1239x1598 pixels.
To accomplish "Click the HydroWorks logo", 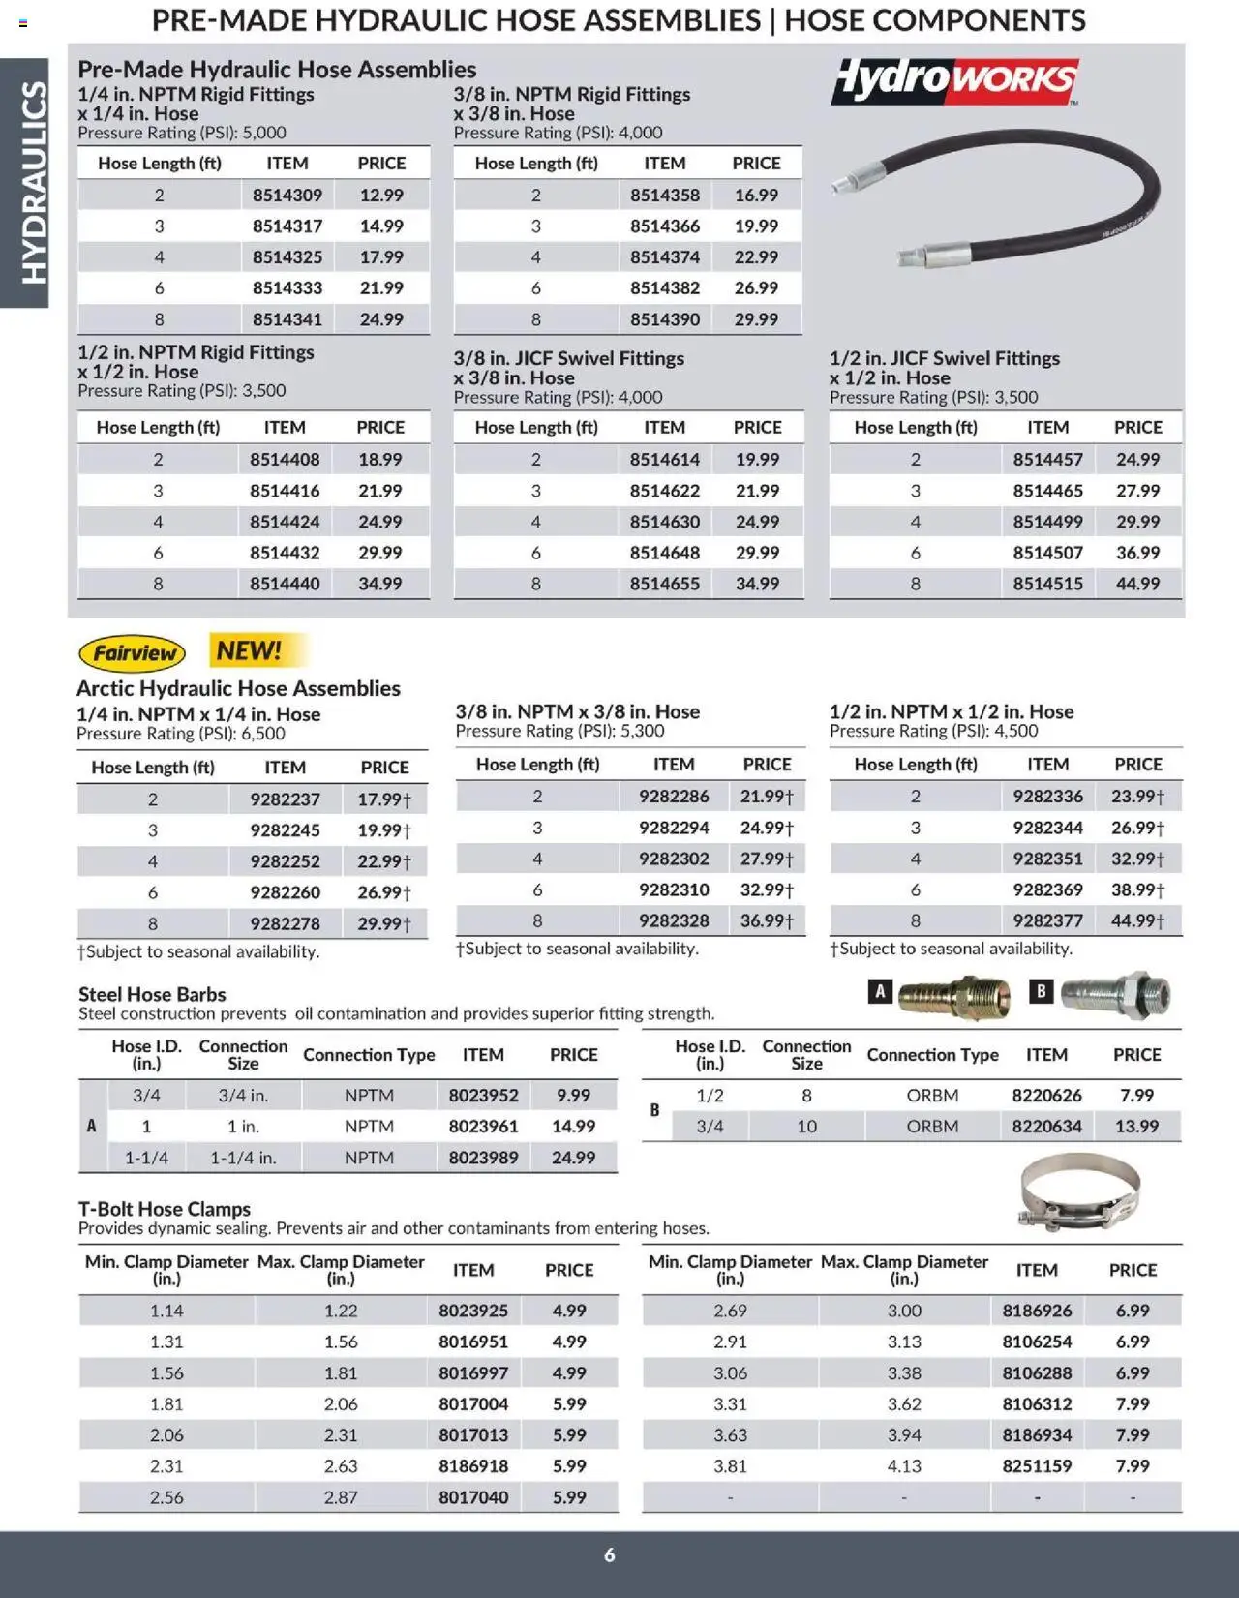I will (x=954, y=80).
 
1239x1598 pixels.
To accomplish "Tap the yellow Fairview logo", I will (x=132, y=653).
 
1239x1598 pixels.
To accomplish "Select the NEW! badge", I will (x=249, y=650).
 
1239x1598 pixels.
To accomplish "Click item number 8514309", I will (x=287, y=196).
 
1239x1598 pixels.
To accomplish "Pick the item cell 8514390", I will (x=665, y=319).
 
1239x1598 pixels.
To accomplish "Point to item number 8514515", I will (x=1047, y=584).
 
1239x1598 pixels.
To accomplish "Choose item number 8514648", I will (x=665, y=553).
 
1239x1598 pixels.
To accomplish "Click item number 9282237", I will (x=285, y=799).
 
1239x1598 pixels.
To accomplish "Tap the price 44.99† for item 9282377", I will (x=1137, y=920).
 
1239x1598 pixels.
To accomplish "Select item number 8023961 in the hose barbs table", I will (x=483, y=1127).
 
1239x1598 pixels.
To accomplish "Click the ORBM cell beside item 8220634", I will (x=932, y=1127).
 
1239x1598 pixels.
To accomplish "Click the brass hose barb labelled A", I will (x=954, y=997).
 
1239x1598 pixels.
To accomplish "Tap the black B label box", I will (x=1041, y=991).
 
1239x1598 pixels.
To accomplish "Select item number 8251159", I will (x=1037, y=1466).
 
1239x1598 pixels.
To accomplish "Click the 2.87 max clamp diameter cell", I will (x=341, y=1497).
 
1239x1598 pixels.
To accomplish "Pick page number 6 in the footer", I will (x=610, y=1554).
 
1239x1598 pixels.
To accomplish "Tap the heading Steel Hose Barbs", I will (x=152, y=994).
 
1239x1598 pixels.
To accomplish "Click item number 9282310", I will (x=674, y=889).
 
